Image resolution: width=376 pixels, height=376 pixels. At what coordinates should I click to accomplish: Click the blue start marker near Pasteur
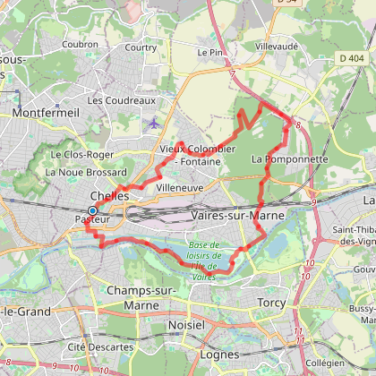point(92,210)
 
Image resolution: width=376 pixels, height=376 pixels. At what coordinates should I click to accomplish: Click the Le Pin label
point(209,53)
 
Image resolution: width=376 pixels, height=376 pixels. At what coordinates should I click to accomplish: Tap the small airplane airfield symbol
point(153,123)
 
